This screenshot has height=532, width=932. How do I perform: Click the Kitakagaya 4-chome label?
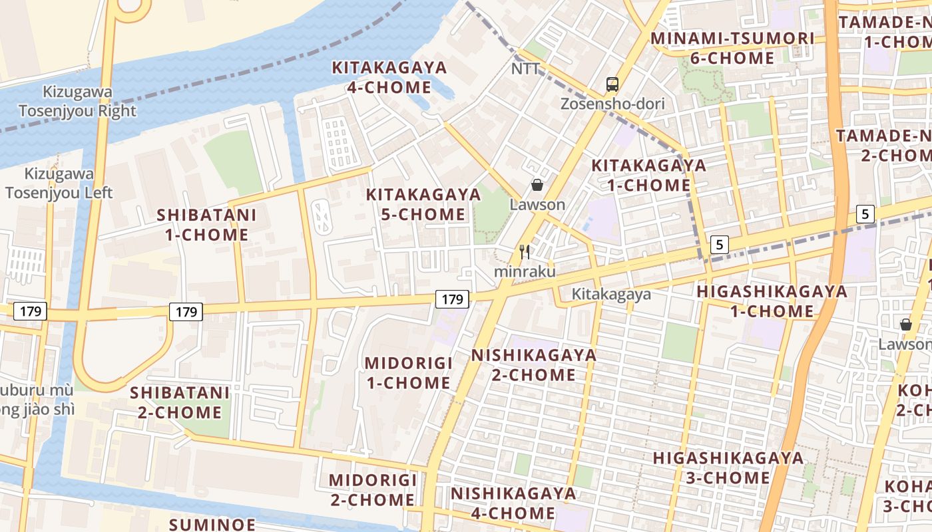[389, 77]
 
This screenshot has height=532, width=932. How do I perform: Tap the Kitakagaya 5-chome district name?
[423, 204]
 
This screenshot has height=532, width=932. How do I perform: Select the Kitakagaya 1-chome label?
[649, 175]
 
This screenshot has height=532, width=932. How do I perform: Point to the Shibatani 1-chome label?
[206, 224]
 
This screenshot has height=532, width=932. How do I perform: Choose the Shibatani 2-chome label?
[180, 402]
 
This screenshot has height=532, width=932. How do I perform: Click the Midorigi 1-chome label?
[408, 372]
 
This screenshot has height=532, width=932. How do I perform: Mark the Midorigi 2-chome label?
[372, 489]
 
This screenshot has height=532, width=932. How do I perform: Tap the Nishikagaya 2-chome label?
[534, 364]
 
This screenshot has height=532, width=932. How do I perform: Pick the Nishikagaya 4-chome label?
[513, 503]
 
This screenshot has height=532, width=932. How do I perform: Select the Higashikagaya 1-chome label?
[772, 301]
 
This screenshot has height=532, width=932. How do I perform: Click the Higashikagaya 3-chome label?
[728, 467]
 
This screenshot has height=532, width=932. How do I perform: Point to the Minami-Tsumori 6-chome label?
[732, 48]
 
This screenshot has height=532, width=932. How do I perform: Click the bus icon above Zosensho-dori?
[612, 84]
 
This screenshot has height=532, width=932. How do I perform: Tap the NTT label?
[525, 69]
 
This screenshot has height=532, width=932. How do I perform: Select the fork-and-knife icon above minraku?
[525, 252]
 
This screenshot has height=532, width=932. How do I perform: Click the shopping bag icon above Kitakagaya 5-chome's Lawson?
[537, 185]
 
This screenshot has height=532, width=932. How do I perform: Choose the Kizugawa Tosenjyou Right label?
[77, 101]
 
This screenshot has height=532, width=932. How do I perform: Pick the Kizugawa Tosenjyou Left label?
[59, 183]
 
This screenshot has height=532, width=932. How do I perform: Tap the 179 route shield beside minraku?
[452, 299]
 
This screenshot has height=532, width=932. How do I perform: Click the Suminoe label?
[212, 524]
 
